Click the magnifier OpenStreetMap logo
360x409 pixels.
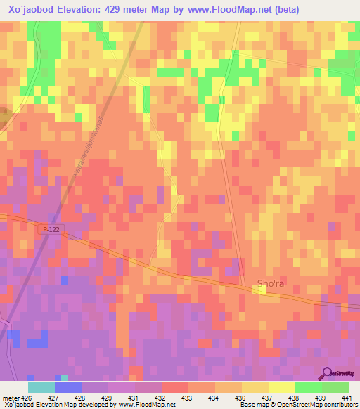point(328,373)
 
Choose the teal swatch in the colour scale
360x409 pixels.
point(41,387)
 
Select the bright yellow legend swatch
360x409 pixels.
point(282,387)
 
